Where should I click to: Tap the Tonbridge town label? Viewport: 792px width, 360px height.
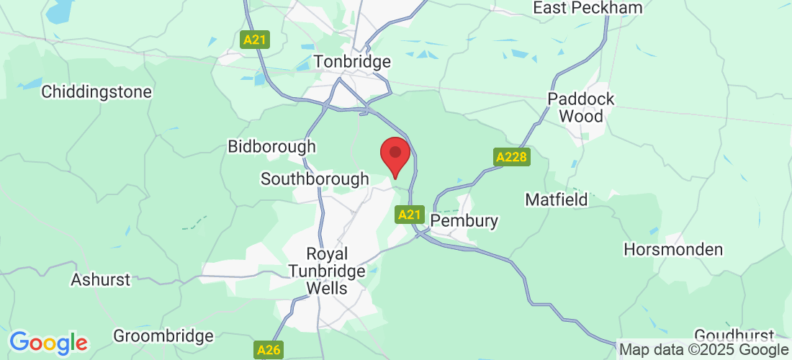click(353, 62)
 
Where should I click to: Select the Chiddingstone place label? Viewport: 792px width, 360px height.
click(96, 92)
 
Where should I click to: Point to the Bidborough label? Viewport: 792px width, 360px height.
click(271, 147)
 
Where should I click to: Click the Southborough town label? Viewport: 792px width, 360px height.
click(315, 179)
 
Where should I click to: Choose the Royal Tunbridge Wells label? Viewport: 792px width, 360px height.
click(327, 271)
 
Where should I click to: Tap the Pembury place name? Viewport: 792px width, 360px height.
click(464, 220)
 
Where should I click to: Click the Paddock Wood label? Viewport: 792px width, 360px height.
click(581, 107)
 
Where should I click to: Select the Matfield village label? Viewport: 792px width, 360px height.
click(557, 199)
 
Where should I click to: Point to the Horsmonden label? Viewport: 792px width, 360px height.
click(673, 250)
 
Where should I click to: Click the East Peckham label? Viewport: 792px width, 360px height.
click(587, 8)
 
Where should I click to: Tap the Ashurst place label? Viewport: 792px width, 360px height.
click(101, 279)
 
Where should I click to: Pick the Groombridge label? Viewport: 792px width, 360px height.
click(163, 336)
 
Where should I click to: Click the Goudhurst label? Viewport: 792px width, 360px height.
click(734, 336)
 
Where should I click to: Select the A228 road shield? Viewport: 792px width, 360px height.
click(511, 157)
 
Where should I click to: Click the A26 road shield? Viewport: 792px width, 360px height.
click(269, 351)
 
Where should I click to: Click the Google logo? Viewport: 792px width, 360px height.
click(48, 343)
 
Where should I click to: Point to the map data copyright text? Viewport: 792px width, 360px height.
click(703, 350)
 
